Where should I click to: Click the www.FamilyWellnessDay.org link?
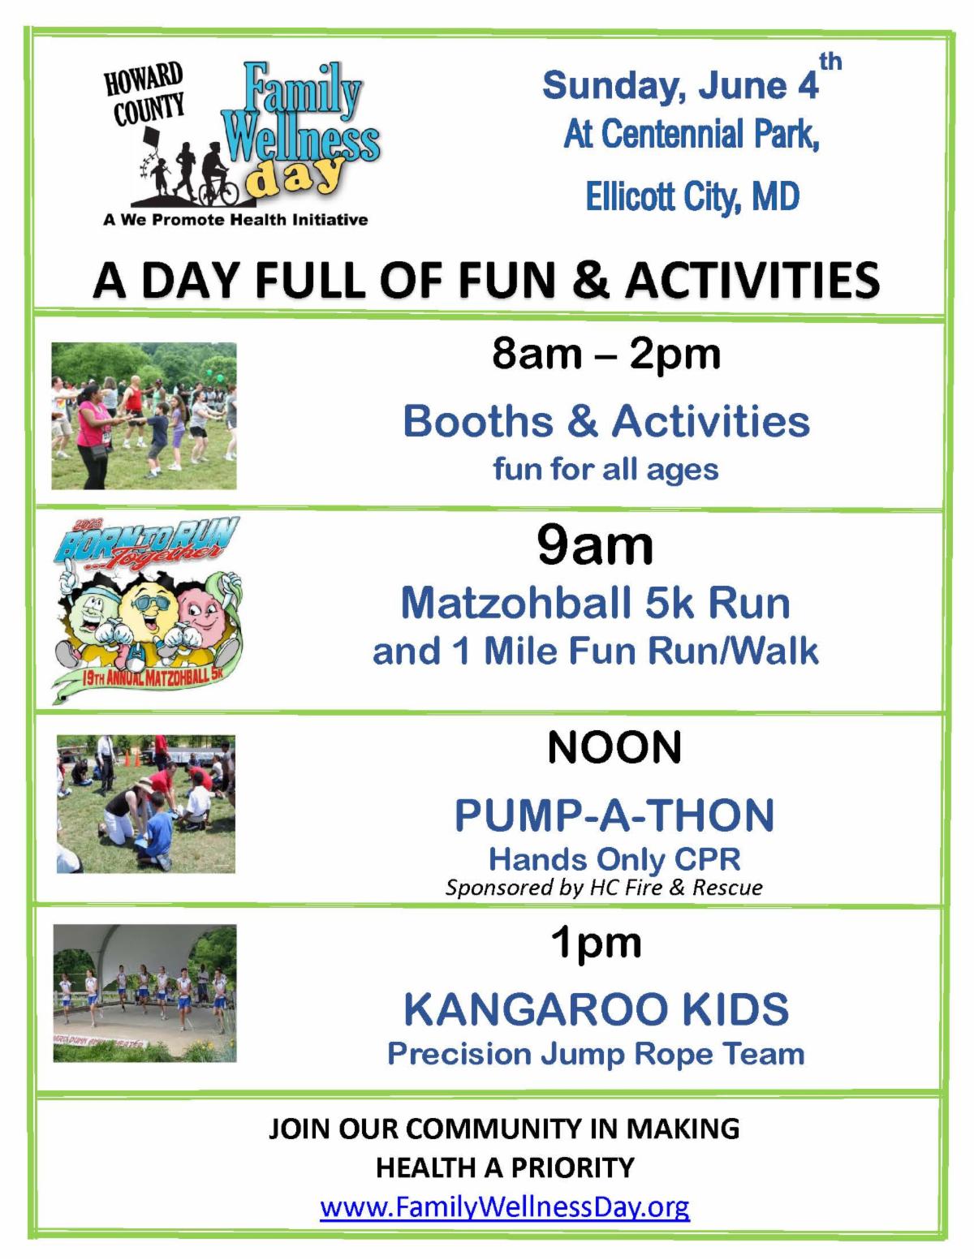coord(505,1206)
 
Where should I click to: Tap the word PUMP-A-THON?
coord(614,815)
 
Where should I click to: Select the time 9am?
coord(595,545)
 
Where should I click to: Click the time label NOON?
coord(614,747)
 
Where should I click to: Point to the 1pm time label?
coord(597,943)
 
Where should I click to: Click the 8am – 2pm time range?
coord(606,354)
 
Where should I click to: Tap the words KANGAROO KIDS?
coord(597,1009)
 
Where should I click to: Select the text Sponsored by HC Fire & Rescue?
coord(604,887)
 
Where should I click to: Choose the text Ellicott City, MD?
coord(692,196)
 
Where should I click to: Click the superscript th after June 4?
coord(830,62)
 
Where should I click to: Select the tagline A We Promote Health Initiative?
coord(235,220)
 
